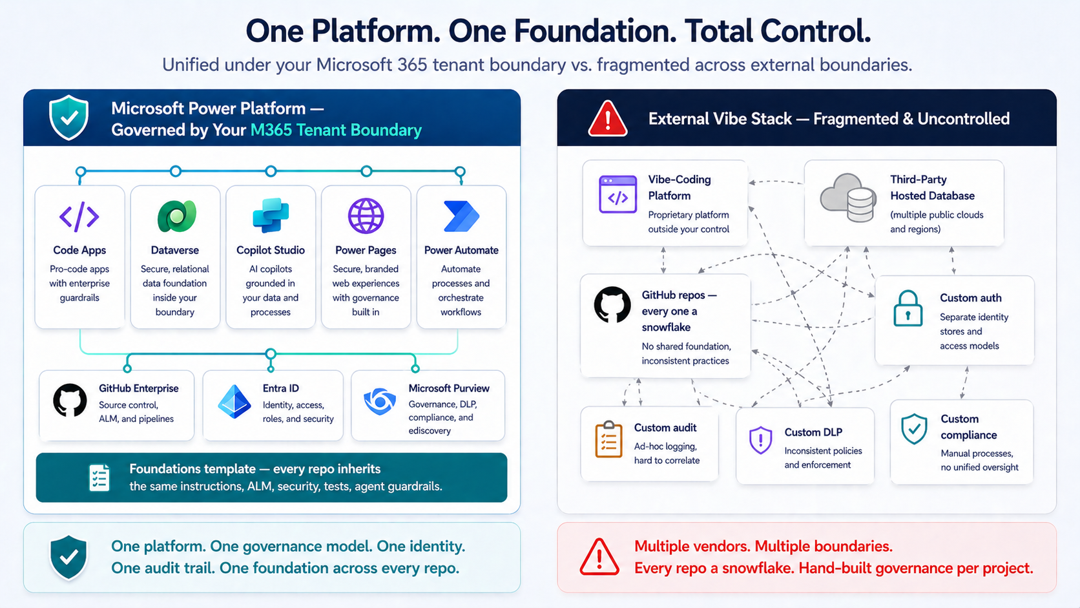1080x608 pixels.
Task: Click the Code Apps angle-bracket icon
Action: tap(79, 216)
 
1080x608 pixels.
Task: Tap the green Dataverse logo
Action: tap(176, 216)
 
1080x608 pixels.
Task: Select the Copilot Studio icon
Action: tap(271, 215)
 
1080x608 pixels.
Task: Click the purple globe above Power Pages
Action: tap(366, 216)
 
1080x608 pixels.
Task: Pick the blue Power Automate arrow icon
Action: tap(461, 216)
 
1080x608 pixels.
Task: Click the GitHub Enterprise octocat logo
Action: tap(70, 401)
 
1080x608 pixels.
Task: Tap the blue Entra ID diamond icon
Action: tap(234, 402)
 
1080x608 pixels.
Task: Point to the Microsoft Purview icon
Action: tap(380, 401)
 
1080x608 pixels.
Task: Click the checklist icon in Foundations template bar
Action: tap(99, 477)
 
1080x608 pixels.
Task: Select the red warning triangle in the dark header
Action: tap(607, 119)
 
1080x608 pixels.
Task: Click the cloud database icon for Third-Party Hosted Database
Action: tap(848, 198)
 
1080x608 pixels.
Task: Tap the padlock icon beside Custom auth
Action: tap(908, 308)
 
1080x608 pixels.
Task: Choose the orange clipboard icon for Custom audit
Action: tap(608, 439)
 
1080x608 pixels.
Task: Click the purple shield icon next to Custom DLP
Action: tap(760, 440)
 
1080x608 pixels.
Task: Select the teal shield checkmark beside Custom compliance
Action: tap(914, 429)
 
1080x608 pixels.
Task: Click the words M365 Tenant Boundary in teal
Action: tap(336, 130)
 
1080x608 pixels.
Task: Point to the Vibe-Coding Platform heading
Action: tap(679, 187)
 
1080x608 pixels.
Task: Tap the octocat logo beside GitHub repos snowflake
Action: tap(612, 304)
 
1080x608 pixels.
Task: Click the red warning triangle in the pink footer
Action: tap(599, 557)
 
